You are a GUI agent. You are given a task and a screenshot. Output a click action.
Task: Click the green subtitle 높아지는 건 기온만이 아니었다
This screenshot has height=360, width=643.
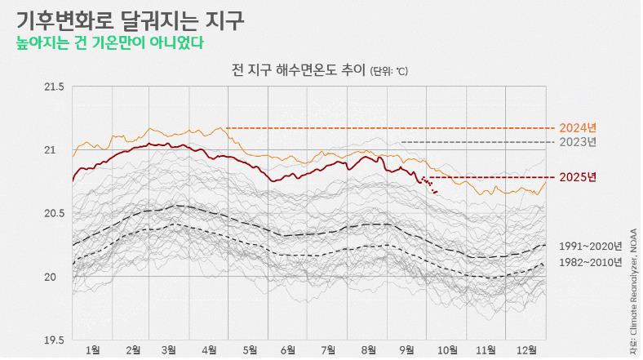pyautogui.click(x=109, y=42)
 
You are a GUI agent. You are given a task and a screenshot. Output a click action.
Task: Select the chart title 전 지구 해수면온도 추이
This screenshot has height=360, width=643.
pyautogui.click(x=298, y=70)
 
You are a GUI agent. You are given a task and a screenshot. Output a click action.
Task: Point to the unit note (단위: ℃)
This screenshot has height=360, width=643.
pyautogui.click(x=388, y=71)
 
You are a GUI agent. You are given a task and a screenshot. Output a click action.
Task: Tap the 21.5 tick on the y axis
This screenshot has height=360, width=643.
pyautogui.click(x=53, y=87)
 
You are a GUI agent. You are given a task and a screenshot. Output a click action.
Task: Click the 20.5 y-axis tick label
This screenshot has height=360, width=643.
pyautogui.click(x=53, y=214)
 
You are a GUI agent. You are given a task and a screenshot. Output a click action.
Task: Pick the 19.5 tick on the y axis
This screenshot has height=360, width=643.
pyautogui.click(x=53, y=340)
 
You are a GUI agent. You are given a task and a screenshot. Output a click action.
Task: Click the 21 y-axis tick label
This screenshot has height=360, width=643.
pyautogui.click(x=57, y=150)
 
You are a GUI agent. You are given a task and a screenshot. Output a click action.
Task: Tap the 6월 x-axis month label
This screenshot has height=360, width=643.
pyautogui.click(x=288, y=350)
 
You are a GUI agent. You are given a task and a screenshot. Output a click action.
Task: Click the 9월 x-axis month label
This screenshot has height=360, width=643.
pyautogui.click(x=407, y=350)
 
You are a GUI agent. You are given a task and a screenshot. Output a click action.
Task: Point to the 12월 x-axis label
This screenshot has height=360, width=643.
pyautogui.click(x=527, y=350)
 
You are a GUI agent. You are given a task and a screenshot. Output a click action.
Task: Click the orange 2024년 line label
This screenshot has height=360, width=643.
pyautogui.click(x=578, y=128)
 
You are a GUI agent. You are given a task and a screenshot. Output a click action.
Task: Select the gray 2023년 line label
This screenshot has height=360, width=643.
pyautogui.click(x=578, y=142)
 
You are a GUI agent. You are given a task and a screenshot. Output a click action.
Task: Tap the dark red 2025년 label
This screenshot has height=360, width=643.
pyautogui.click(x=578, y=177)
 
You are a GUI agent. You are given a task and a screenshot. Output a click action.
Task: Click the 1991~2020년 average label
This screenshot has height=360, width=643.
pyautogui.click(x=590, y=246)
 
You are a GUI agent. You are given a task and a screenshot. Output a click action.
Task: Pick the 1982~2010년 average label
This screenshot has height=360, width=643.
pyautogui.click(x=590, y=262)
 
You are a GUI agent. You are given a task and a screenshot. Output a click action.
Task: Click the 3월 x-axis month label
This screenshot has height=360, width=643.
pyautogui.click(x=169, y=350)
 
